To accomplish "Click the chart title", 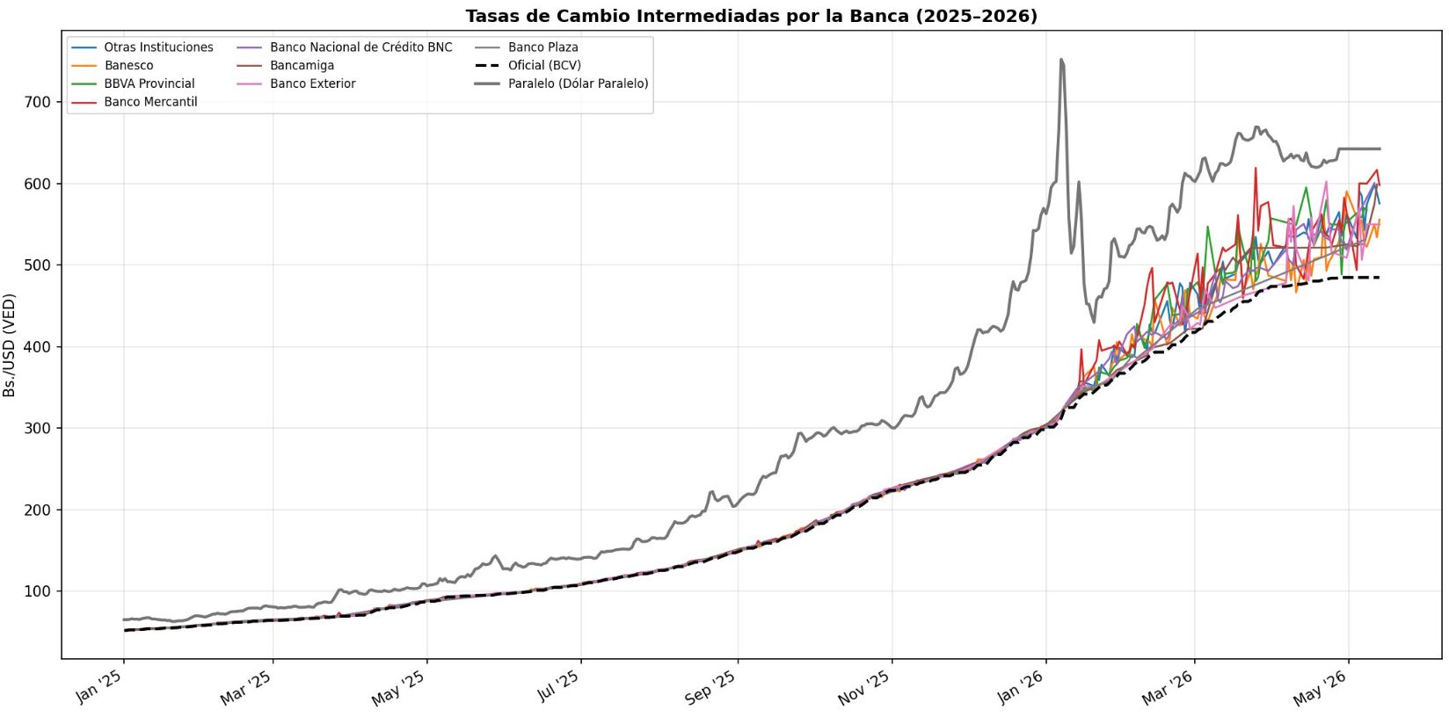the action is tap(751, 16).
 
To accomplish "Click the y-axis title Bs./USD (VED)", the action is tap(10, 346).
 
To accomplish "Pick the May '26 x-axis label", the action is tap(1321, 688).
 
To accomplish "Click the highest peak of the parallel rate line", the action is tap(1061, 60).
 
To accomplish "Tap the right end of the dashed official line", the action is tap(1380, 278).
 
